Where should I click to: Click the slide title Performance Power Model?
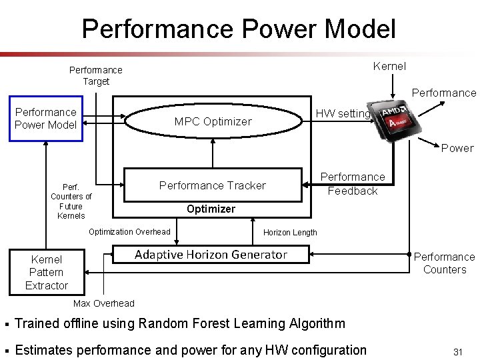239,29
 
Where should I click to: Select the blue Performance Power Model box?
46,118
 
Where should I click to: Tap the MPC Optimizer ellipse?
213,121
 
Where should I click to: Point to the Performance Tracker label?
212,185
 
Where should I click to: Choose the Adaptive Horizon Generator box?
211,254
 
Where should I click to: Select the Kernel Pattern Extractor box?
47,272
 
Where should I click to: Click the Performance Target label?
96,75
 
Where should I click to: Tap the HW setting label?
343,113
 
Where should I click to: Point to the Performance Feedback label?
353,184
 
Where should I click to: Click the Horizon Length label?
290,232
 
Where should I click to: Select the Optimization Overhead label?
129,231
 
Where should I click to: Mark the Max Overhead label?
103,303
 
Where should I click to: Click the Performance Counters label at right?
444,263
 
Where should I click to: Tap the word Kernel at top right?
389,65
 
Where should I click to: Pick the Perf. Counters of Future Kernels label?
71,201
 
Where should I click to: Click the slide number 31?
457,351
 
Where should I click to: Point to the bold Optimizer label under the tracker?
211,209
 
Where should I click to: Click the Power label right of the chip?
457,148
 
